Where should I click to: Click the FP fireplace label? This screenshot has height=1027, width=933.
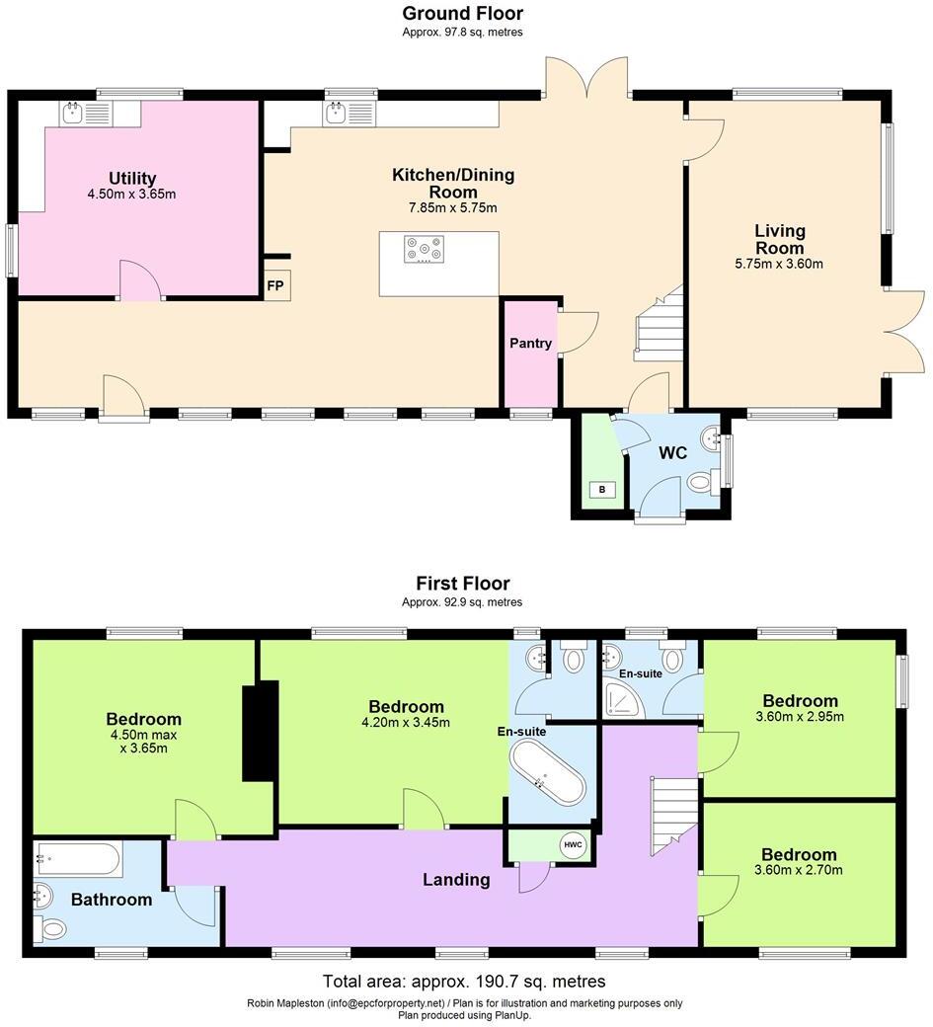pos(275,286)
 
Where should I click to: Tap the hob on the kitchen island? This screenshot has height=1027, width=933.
pos(424,249)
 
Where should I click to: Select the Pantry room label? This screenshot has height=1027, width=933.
pos(530,344)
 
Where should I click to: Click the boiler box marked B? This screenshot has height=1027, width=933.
pos(602,489)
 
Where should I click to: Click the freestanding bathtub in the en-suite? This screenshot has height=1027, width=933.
pos(547,774)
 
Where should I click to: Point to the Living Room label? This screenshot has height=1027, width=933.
pos(779,240)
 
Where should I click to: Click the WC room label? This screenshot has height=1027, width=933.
pos(672,453)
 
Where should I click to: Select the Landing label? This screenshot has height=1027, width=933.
pos(456,879)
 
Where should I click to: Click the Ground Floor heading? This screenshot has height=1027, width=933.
pos(462,14)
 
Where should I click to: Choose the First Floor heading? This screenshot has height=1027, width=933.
pos(462,584)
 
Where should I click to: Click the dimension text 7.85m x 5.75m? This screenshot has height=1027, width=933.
pos(453,208)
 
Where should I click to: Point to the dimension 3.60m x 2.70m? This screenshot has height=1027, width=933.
pos(798,870)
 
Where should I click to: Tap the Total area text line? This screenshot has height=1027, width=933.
pos(464,982)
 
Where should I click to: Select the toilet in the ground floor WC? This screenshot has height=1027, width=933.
pos(701,482)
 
